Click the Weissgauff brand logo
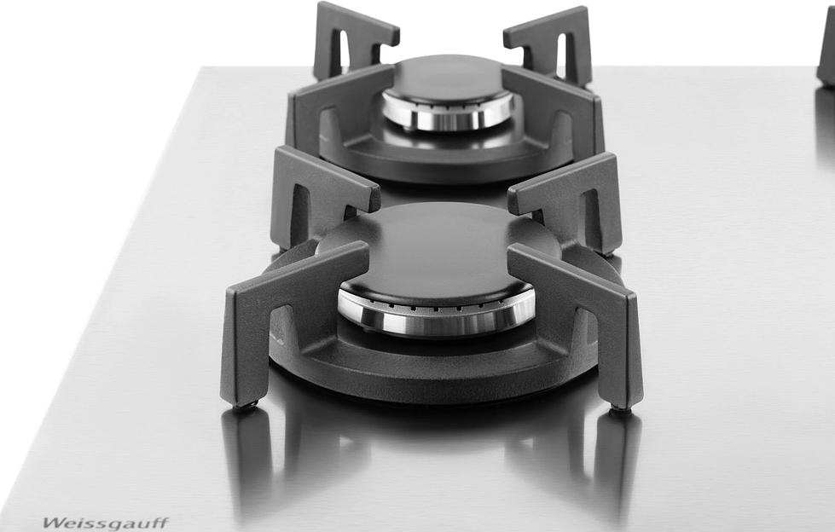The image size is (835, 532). click(x=105, y=522)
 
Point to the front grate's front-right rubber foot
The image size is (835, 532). click(x=620, y=410)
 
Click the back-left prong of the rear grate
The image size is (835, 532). click(x=350, y=34)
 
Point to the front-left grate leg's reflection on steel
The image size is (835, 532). click(x=247, y=460)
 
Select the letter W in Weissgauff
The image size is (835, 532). click(x=50, y=522)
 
